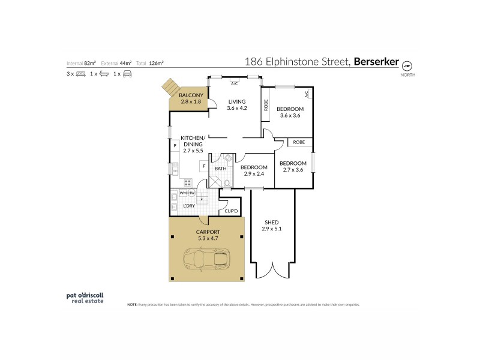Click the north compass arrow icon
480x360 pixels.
click(x=407, y=65)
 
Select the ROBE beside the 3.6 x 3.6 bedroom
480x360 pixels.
click(x=266, y=106)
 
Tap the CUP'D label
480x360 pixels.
click(x=232, y=211)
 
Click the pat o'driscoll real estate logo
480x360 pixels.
click(x=85, y=298)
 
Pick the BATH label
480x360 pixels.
click(x=221, y=169)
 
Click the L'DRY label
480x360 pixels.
click(x=189, y=206)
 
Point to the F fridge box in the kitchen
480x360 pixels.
click(x=205, y=166)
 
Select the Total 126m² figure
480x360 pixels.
click(x=152, y=62)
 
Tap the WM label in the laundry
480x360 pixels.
click(x=183, y=193)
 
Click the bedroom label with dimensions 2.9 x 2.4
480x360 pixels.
click(x=254, y=170)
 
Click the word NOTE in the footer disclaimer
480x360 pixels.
click(x=133, y=305)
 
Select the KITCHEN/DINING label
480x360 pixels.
click(x=193, y=144)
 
